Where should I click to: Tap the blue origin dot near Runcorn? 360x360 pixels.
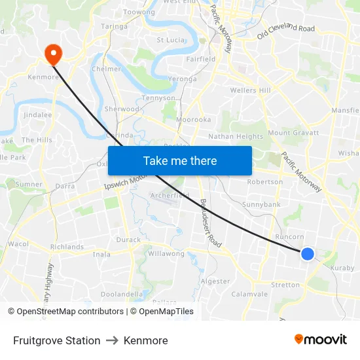(x=307, y=253)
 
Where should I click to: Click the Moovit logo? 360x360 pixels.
(x=320, y=340)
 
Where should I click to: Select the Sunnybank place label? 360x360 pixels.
(x=261, y=205)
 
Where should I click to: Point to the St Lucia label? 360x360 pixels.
(x=171, y=40)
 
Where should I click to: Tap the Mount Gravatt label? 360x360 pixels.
(x=293, y=133)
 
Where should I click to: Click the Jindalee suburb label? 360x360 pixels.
(x=37, y=115)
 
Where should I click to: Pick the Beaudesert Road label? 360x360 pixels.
(x=211, y=223)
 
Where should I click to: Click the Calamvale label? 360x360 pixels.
(x=249, y=294)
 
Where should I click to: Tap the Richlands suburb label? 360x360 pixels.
(x=67, y=247)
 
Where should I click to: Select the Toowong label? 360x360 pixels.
(x=139, y=12)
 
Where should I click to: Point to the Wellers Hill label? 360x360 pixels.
(x=250, y=90)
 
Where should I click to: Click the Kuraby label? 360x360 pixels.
(x=342, y=268)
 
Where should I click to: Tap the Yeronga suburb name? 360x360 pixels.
(x=182, y=79)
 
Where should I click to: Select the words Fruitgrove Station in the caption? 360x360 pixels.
(x=56, y=340)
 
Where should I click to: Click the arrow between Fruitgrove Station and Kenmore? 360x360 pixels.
(x=112, y=340)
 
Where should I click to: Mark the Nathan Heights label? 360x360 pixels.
(x=236, y=137)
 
